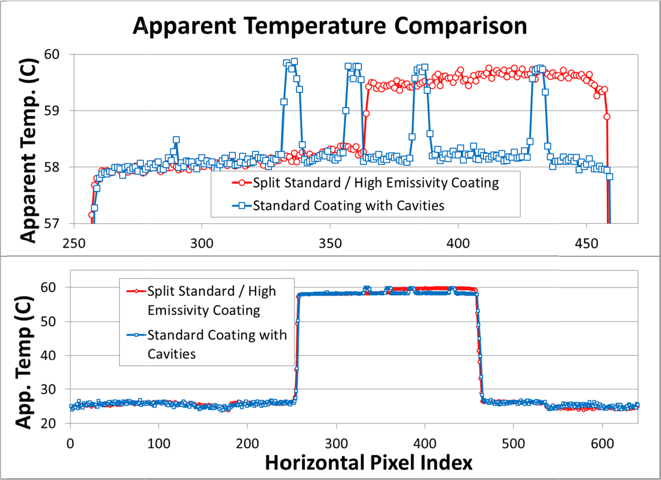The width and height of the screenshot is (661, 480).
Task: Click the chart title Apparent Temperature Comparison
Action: point(330,26)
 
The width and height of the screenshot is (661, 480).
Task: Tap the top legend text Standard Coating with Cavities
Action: point(349,205)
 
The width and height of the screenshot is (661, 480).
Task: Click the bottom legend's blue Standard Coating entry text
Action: point(217,344)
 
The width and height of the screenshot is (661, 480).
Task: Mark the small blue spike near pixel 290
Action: point(176,140)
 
